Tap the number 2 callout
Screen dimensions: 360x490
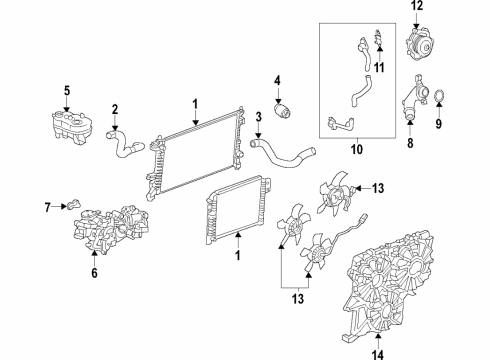coord(115,109)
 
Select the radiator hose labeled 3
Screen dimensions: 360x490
coord(284,155)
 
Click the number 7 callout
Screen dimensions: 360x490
coord(47,208)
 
